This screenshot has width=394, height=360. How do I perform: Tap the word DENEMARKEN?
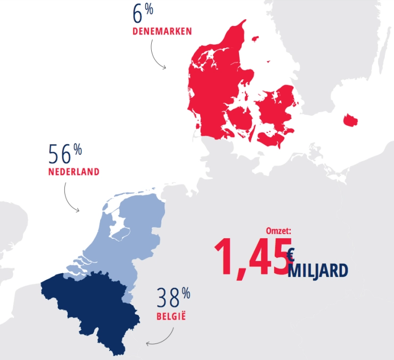(x=162, y=31)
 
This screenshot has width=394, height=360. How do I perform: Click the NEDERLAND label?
(x=73, y=172)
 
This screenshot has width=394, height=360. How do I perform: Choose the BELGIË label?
(x=171, y=318)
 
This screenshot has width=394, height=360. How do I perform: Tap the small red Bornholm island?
(x=351, y=120)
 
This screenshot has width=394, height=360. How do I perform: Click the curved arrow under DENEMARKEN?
(x=155, y=55)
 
